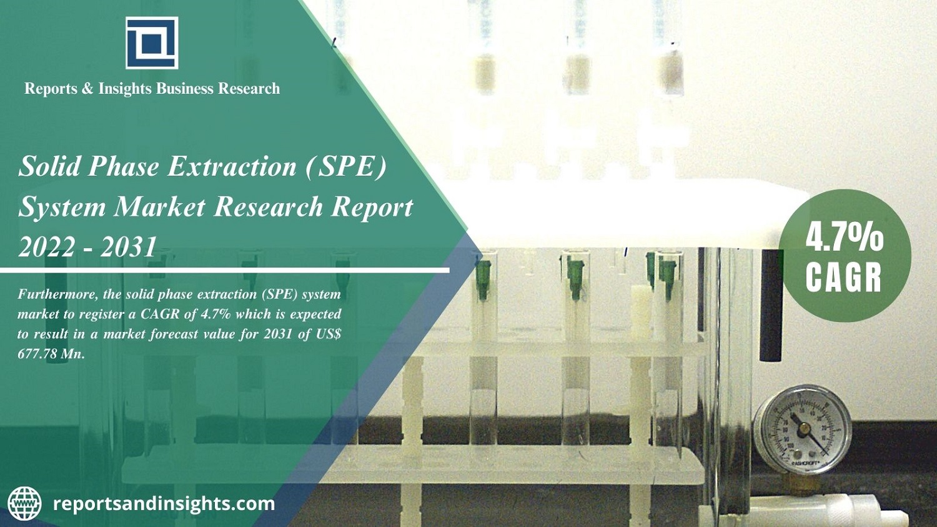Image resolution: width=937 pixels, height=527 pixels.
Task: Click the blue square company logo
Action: [152, 43]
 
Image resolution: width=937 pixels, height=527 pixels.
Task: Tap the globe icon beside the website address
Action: [24, 504]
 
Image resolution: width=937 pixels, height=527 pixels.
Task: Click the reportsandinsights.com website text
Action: [164, 504]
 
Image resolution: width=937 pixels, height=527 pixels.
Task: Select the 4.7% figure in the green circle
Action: [844, 236]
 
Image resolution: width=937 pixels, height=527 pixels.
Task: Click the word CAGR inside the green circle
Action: [843, 277]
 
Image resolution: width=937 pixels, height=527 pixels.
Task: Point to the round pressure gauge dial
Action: [801, 429]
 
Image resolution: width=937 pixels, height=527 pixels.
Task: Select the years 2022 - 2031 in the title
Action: [87, 248]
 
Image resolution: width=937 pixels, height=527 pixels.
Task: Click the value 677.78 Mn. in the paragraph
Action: [51, 354]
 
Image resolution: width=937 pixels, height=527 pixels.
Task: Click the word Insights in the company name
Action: [125, 89]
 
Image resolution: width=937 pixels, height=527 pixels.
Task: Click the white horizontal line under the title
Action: [225, 271]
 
